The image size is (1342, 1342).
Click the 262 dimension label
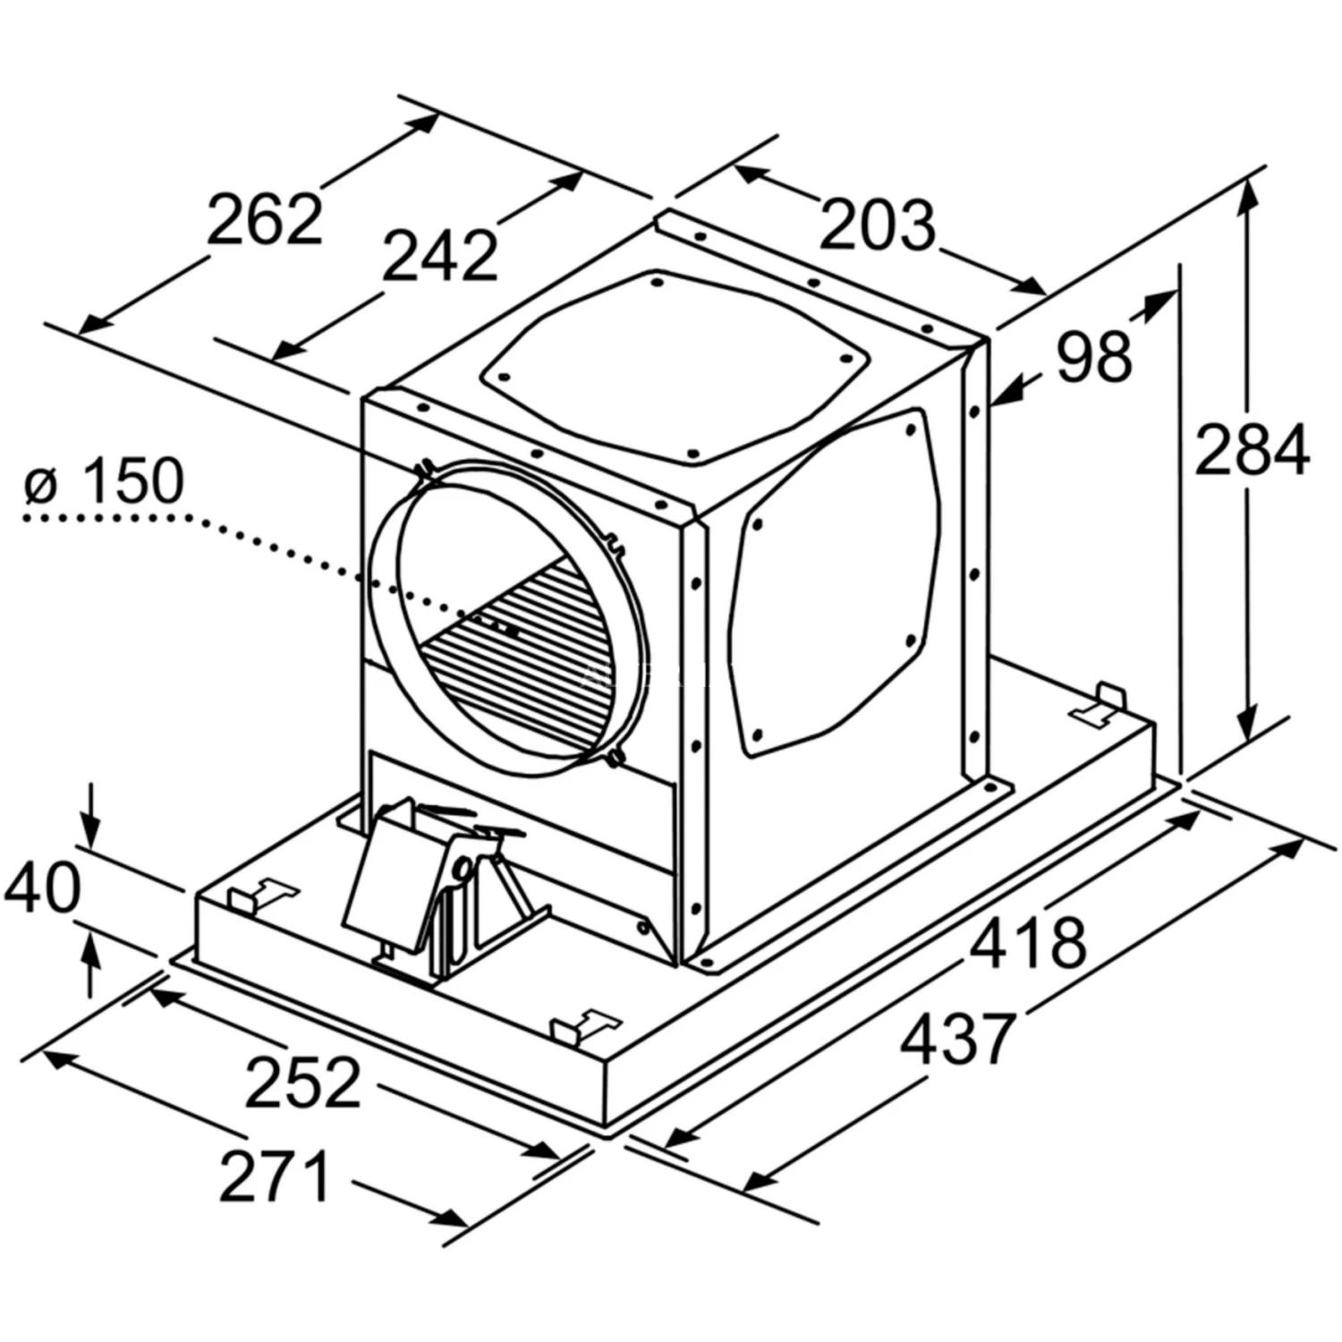(264, 219)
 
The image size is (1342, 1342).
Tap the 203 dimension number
(877, 225)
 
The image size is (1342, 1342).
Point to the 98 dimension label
(1094, 355)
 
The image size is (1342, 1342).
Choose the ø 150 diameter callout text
(105, 480)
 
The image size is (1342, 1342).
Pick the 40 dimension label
(42, 888)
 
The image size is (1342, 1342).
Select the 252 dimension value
(303, 1082)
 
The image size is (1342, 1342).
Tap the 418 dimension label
(1029, 941)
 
